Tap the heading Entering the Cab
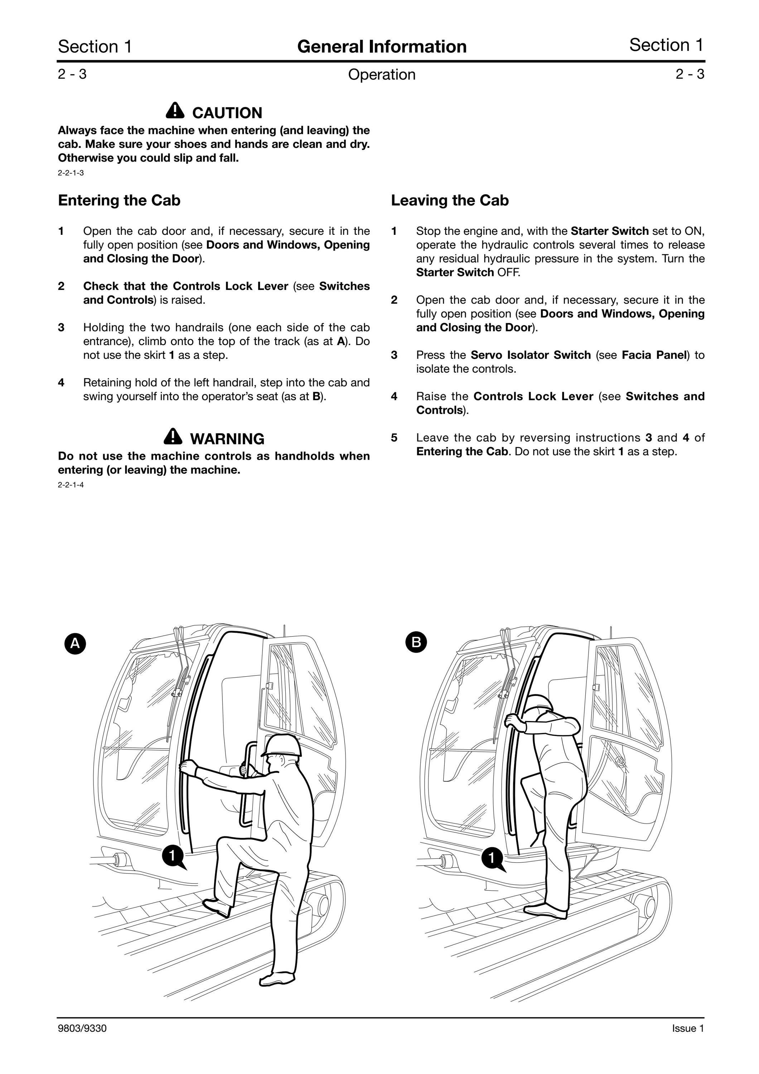pyautogui.click(x=119, y=200)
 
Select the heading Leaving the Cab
pyautogui.click(x=450, y=200)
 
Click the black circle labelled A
pyautogui.click(x=75, y=644)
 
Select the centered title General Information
pyautogui.click(x=382, y=46)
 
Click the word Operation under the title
pyautogui.click(x=382, y=75)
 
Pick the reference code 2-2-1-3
pyautogui.click(x=71, y=173)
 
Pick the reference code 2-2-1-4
pyautogui.click(x=71, y=485)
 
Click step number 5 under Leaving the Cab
pyautogui.click(x=394, y=438)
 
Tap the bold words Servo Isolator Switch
pyautogui.click(x=531, y=355)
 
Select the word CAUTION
pyautogui.click(x=227, y=113)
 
